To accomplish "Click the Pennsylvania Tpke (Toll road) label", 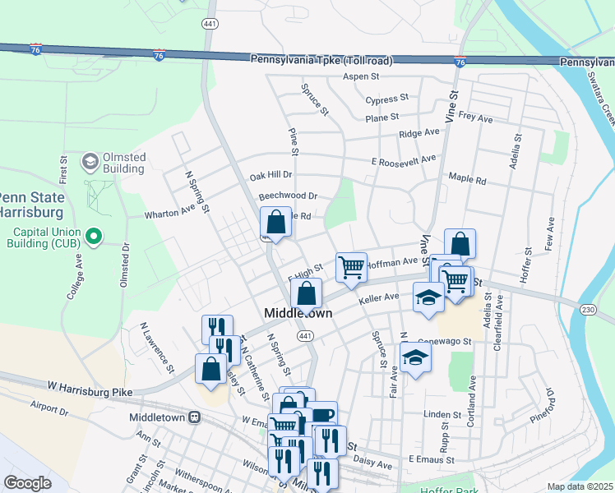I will point(321,60).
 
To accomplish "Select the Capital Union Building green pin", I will point(94,237).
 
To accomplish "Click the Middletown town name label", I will point(298,313).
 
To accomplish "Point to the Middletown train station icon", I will point(195,417).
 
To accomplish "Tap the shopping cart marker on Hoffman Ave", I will point(351,266).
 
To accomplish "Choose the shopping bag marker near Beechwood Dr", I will point(275,221).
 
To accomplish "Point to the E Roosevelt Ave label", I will point(403,159).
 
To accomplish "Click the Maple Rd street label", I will point(467,178).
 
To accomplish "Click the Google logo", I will point(28,483).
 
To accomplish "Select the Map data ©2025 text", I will point(579,486).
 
